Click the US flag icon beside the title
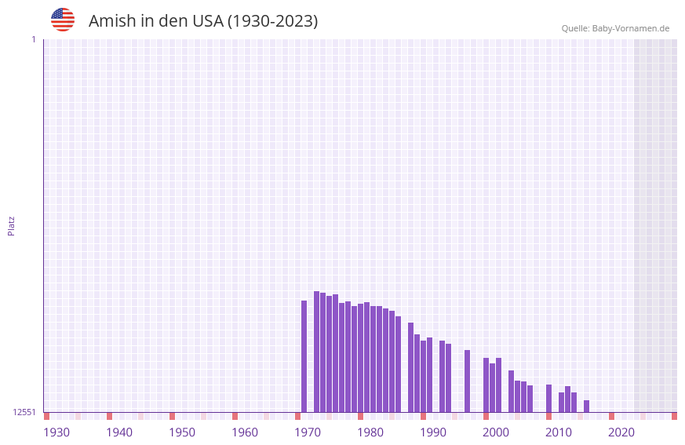(x=63, y=20)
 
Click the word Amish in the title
(x=111, y=21)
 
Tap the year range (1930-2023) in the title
(x=272, y=21)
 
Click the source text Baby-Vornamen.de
(x=631, y=28)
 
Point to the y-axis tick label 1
(x=33, y=39)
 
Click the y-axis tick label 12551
(x=24, y=412)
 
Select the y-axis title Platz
(x=11, y=225)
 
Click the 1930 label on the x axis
(x=56, y=432)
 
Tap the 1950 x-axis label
(x=182, y=432)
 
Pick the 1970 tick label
(x=308, y=432)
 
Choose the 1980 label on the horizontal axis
(x=370, y=432)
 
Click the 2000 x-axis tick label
(x=496, y=432)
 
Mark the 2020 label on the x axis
(x=621, y=432)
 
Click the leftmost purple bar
(x=304, y=356)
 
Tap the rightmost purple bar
(x=586, y=407)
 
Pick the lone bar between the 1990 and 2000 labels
(x=467, y=381)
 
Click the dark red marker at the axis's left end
(x=46, y=416)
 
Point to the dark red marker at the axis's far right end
(x=674, y=416)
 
